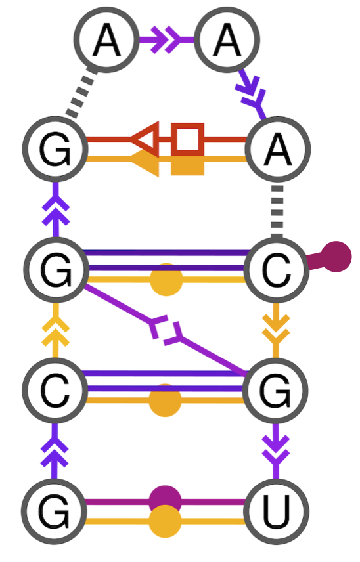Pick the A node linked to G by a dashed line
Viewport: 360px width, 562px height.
pyautogui.click(x=106, y=41)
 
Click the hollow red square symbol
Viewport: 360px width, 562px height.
pyautogui.click(x=188, y=139)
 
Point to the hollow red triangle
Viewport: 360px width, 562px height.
pyautogui.click(x=145, y=139)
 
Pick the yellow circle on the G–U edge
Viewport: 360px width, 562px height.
pyautogui.click(x=165, y=523)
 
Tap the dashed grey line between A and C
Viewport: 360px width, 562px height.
pyautogui.click(x=277, y=210)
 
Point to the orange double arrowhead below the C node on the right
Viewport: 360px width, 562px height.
pyautogui.click(x=276, y=332)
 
